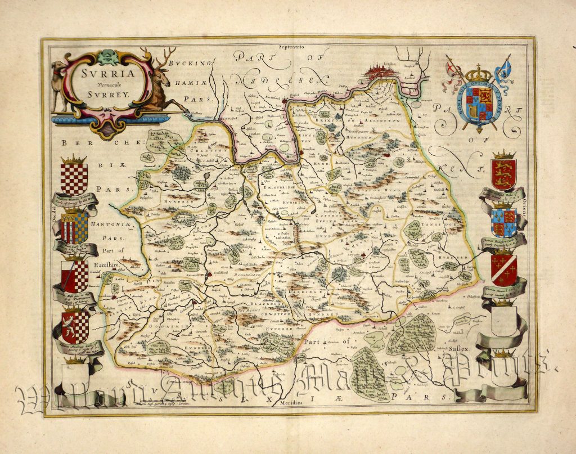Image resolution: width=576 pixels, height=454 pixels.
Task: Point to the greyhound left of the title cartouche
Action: (x=59, y=79)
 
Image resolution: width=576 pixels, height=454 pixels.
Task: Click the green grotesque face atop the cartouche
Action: (x=108, y=56)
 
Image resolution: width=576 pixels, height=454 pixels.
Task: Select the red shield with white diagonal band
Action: (x=503, y=268)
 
